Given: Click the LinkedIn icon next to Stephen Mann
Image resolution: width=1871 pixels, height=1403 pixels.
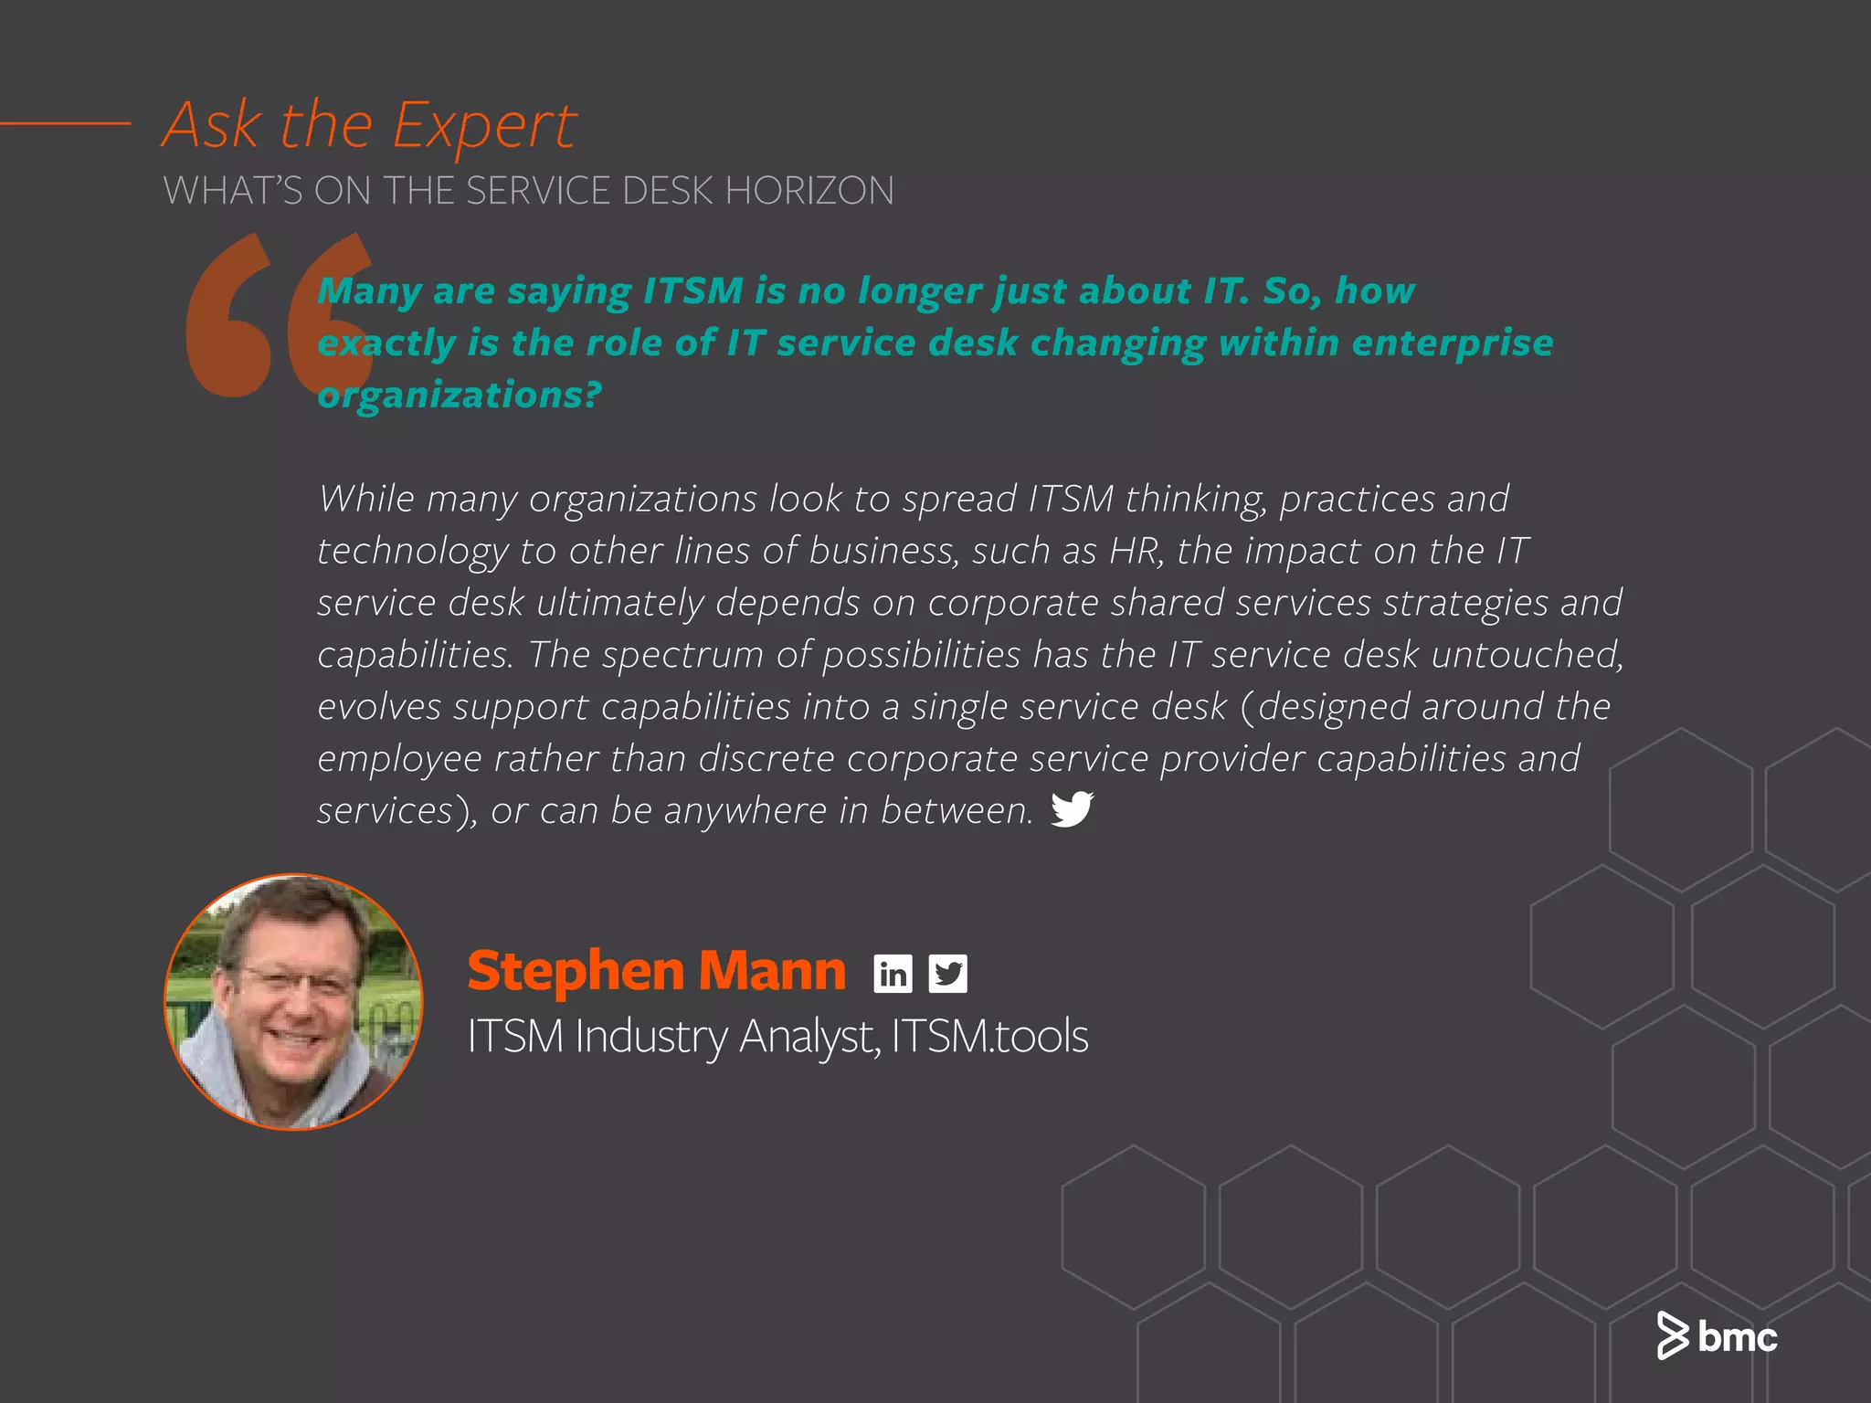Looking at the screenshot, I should coord(893,974).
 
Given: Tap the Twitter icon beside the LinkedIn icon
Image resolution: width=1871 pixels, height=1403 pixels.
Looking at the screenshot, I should coord(947,974).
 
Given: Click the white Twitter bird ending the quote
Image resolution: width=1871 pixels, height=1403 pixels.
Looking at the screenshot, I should coord(1072,808).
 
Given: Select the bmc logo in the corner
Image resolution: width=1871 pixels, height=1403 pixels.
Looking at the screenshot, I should coord(1718,1336).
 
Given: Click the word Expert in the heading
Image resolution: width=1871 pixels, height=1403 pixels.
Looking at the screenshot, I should coord(485,126).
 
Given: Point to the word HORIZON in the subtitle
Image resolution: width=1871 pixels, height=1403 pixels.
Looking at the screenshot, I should coord(809,191).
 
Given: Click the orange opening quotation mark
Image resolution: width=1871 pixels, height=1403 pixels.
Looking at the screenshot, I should coord(279,315).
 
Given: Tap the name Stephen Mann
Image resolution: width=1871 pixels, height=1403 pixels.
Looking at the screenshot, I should coord(656,970).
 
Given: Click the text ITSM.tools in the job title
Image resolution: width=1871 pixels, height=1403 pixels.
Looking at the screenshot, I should coord(989,1037).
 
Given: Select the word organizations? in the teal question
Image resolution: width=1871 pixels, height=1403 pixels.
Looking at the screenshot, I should coord(460,396).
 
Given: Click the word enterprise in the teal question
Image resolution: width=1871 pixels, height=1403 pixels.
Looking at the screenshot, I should coord(1452,343).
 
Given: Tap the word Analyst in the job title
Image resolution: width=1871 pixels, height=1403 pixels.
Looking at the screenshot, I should coord(809,1037).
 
